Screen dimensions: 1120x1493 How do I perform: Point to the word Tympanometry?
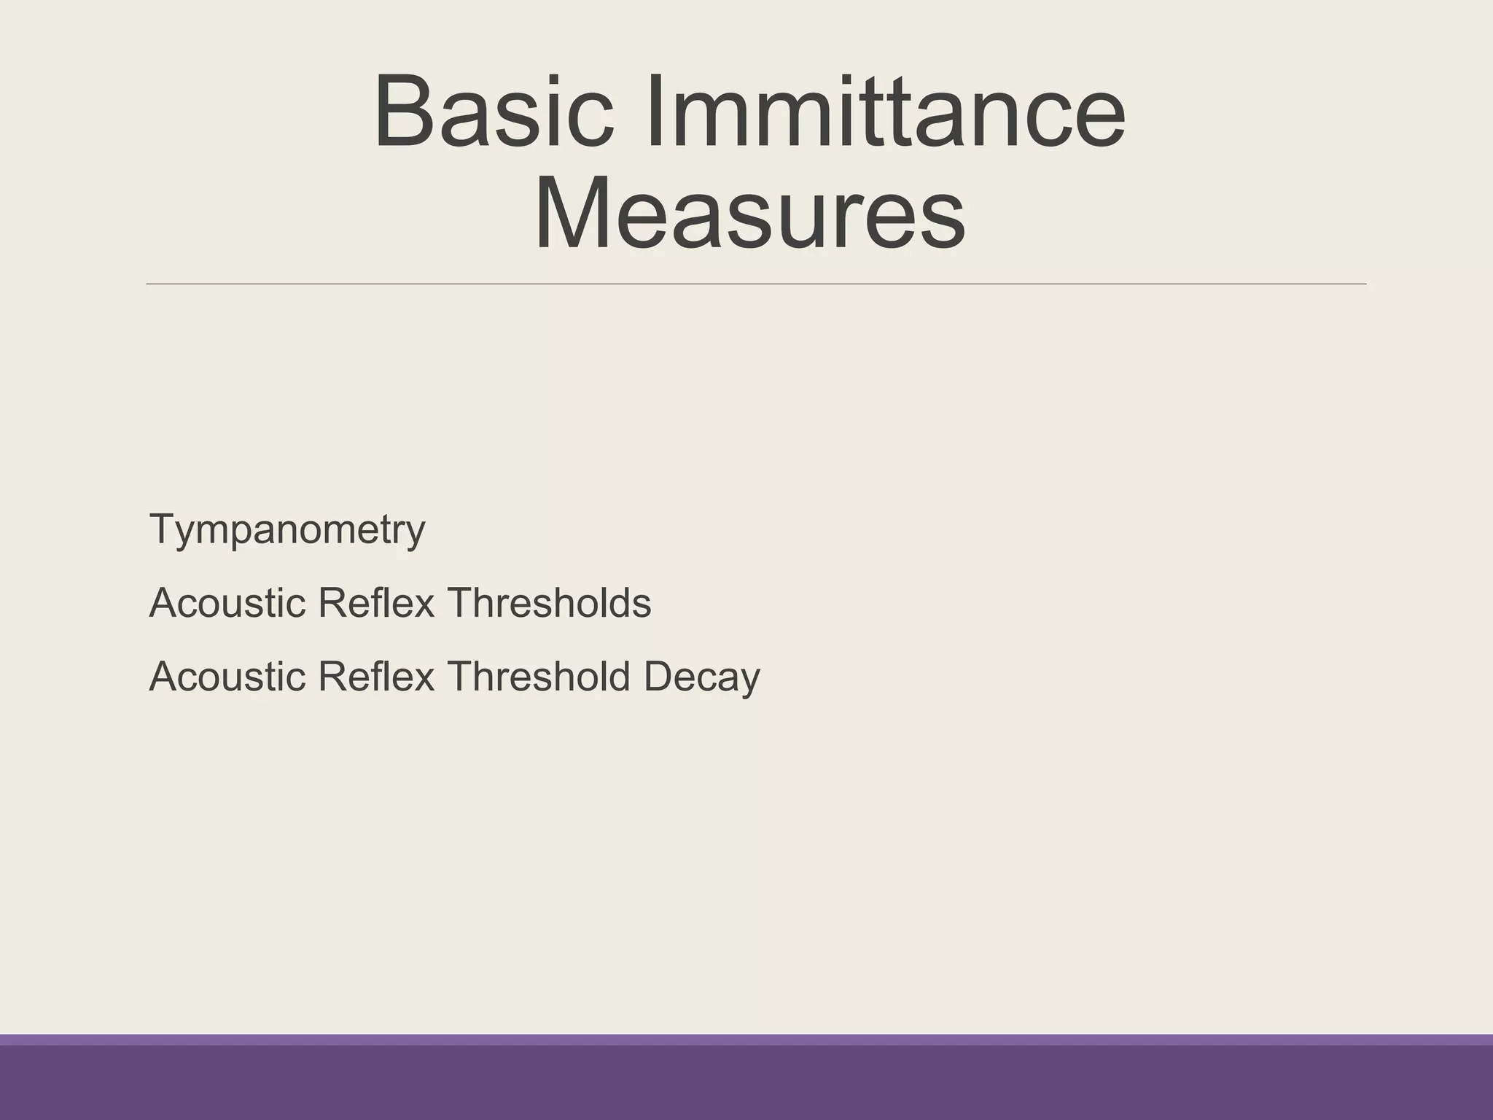(287, 530)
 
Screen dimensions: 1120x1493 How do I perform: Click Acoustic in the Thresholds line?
(227, 603)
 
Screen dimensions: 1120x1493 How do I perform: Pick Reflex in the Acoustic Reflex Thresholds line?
(376, 603)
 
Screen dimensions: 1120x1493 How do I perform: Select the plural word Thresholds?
(549, 603)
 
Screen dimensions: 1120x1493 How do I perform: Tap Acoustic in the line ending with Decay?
(227, 677)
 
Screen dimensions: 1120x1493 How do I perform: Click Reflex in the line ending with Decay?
(376, 677)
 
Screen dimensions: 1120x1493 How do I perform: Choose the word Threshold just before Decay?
(539, 677)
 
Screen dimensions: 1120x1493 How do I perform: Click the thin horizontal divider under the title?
(756, 284)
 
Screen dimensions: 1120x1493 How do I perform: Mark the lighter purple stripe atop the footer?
(746, 1040)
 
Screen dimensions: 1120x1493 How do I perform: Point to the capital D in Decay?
(658, 676)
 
